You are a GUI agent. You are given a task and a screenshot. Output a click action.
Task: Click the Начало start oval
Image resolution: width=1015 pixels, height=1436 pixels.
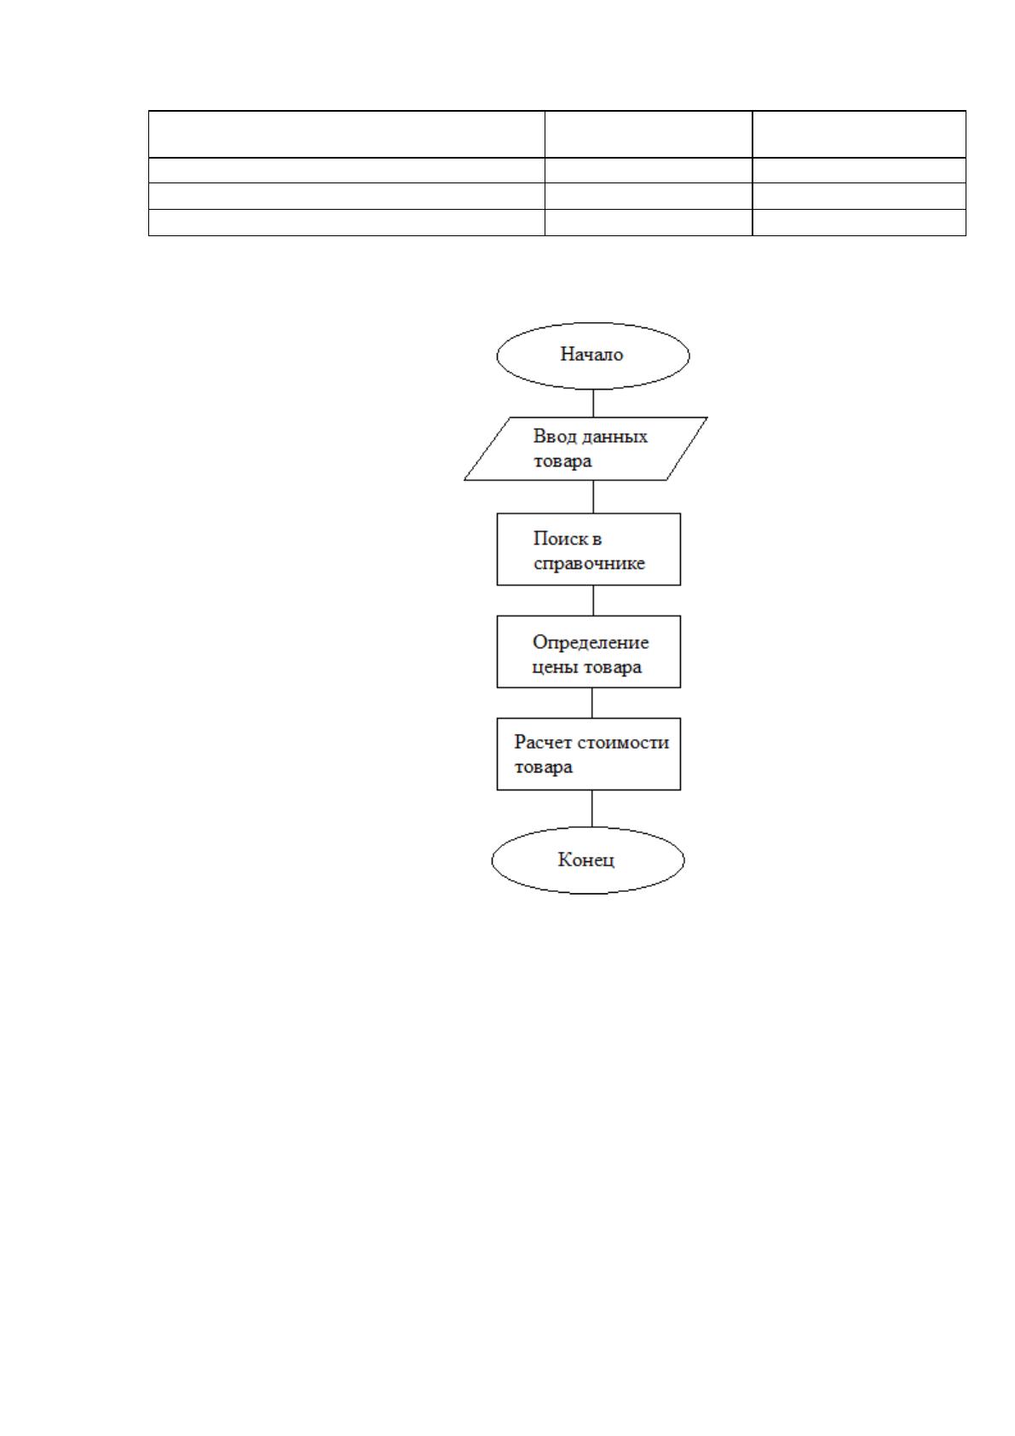(593, 356)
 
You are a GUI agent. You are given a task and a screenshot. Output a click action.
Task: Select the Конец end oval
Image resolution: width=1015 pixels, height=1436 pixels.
(587, 860)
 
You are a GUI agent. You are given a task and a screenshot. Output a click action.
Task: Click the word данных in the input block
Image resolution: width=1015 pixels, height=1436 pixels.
(615, 437)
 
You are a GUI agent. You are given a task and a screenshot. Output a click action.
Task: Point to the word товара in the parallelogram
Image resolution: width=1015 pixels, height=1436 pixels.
(562, 461)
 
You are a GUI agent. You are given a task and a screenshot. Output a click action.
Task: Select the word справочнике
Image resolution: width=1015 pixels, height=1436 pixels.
(589, 565)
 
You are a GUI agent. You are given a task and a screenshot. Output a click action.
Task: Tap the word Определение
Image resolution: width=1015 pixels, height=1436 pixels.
(590, 643)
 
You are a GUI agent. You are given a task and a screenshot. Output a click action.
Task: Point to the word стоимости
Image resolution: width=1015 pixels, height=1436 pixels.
(624, 743)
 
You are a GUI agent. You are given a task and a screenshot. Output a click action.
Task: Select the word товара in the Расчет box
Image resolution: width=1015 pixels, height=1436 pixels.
(543, 767)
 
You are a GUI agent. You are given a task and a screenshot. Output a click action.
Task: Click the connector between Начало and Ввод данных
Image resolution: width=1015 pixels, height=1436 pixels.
(593, 403)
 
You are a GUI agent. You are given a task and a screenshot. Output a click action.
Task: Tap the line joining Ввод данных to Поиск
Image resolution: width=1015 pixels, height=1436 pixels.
(593, 497)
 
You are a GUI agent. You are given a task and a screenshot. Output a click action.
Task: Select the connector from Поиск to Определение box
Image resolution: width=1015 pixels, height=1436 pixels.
(593, 600)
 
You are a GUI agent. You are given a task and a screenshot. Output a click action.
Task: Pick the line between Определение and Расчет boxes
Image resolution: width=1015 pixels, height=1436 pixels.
(591, 704)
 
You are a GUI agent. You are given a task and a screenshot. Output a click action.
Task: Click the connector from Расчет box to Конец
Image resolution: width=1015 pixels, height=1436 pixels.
(591, 808)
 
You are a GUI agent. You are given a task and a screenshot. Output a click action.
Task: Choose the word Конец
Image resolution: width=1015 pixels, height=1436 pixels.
(586, 860)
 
